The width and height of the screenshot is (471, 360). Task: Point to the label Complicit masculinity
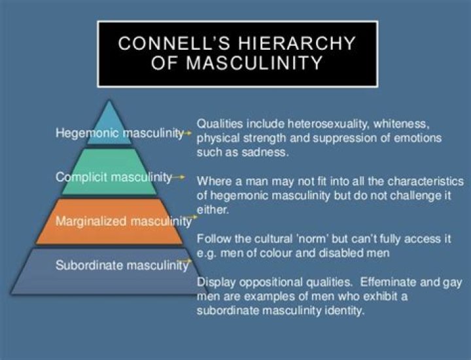click(x=114, y=177)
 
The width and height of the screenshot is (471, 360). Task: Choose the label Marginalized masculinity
click(x=123, y=221)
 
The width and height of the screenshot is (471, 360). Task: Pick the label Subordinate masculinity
click(x=122, y=265)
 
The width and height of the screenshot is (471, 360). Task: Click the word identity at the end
click(x=342, y=311)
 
